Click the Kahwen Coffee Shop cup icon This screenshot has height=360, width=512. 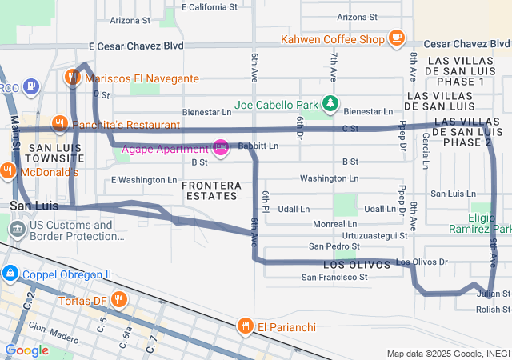396,37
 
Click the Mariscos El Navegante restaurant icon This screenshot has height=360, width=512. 73,78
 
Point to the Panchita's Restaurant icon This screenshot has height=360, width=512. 58,124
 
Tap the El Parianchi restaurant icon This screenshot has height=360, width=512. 245,326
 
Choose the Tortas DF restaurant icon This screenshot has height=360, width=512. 119,300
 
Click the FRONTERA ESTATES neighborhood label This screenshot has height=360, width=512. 210,190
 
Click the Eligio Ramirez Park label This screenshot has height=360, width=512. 490,223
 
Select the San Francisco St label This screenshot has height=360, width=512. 334,278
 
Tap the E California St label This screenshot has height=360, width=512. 210,6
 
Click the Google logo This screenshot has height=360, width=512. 27,350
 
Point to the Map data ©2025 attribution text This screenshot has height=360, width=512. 448,354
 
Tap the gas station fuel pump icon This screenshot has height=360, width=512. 30,85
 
